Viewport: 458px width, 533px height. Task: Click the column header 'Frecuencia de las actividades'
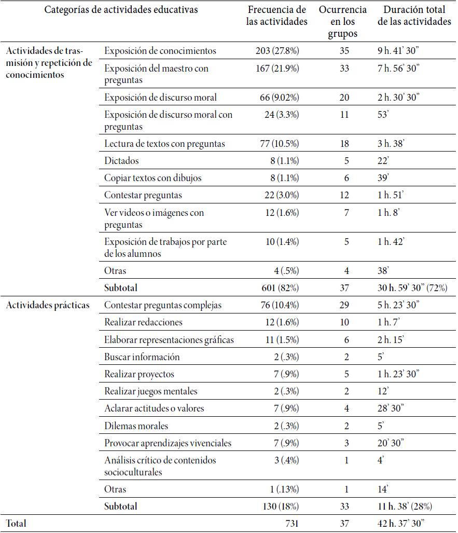[277, 16]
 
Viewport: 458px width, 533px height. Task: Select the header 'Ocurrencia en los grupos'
[342, 22]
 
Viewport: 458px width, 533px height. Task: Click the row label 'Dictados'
[121, 161]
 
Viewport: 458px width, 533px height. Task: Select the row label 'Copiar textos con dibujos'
[152, 178]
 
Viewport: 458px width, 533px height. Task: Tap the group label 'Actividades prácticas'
[48, 305]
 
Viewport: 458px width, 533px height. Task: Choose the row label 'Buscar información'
[142, 357]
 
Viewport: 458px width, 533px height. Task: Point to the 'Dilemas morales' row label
[136, 426]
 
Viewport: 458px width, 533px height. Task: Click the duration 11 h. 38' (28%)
[405, 506]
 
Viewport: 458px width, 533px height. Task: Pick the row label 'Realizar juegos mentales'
[150, 391]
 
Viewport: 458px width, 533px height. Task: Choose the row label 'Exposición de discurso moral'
[160, 98]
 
